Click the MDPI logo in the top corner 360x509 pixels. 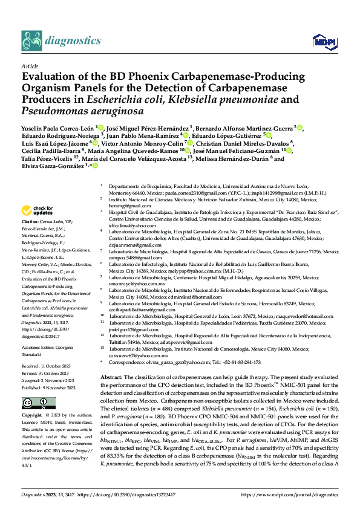pyautogui.click(x=322, y=41)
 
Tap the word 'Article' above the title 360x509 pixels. pyautogui.click(x=29, y=65)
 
